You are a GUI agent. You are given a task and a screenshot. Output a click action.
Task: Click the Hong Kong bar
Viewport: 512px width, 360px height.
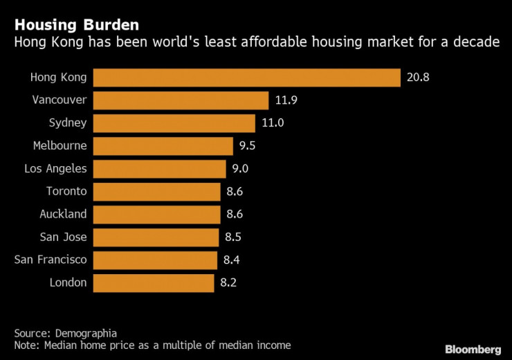(x=246, y=78)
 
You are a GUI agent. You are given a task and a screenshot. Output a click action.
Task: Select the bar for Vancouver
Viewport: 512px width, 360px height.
(x=180, y=100)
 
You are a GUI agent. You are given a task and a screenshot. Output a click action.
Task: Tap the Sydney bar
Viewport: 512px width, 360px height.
(x=174, y=123)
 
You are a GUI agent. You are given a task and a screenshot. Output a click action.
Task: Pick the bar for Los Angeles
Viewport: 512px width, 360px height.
(x=159, y=169)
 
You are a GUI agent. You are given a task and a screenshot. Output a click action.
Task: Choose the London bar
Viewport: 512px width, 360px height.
(x=153, y=282)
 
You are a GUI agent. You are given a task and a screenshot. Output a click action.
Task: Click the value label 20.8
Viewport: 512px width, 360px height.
(x=419, y=78)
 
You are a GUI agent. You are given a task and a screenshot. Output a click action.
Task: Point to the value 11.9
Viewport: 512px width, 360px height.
(x=286, y=100)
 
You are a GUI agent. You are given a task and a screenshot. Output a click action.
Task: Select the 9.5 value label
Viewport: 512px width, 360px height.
(x=247, y=146)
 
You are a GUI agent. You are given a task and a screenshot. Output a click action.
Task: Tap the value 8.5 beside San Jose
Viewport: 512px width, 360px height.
(x=234, y=237)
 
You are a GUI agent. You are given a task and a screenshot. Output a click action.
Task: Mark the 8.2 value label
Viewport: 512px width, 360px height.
(x=228, y=282)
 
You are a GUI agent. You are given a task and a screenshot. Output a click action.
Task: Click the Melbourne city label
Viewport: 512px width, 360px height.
(x=60, y=146)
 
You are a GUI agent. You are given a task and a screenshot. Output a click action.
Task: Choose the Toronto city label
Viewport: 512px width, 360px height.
(x=66, y=192)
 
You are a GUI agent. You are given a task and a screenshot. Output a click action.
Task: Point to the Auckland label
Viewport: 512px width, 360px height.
(x=63, y=215)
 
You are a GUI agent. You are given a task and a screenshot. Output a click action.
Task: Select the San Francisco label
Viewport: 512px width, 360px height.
(x=51, y=260)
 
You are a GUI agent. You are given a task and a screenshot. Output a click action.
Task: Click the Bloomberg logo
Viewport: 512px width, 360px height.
(x=473, y=350)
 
